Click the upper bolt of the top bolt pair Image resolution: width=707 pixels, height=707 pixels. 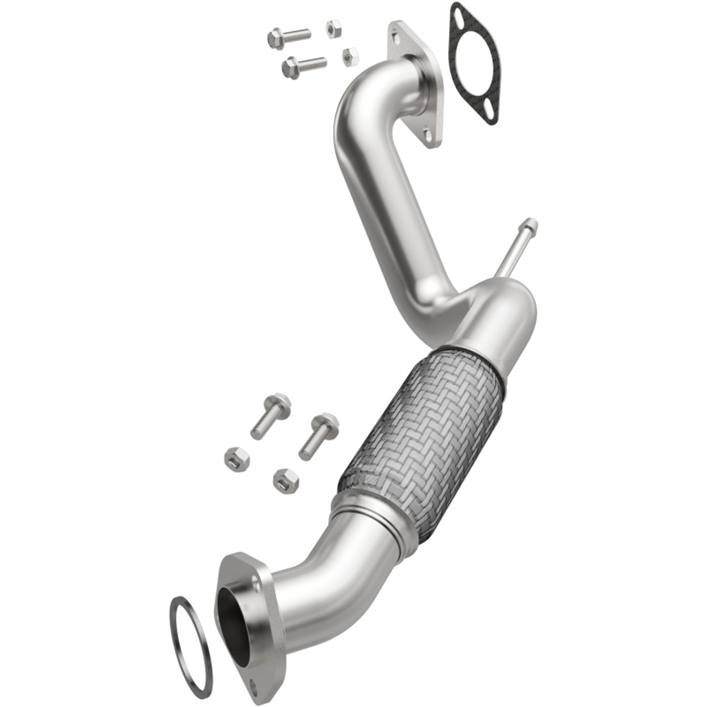(288, 36)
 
